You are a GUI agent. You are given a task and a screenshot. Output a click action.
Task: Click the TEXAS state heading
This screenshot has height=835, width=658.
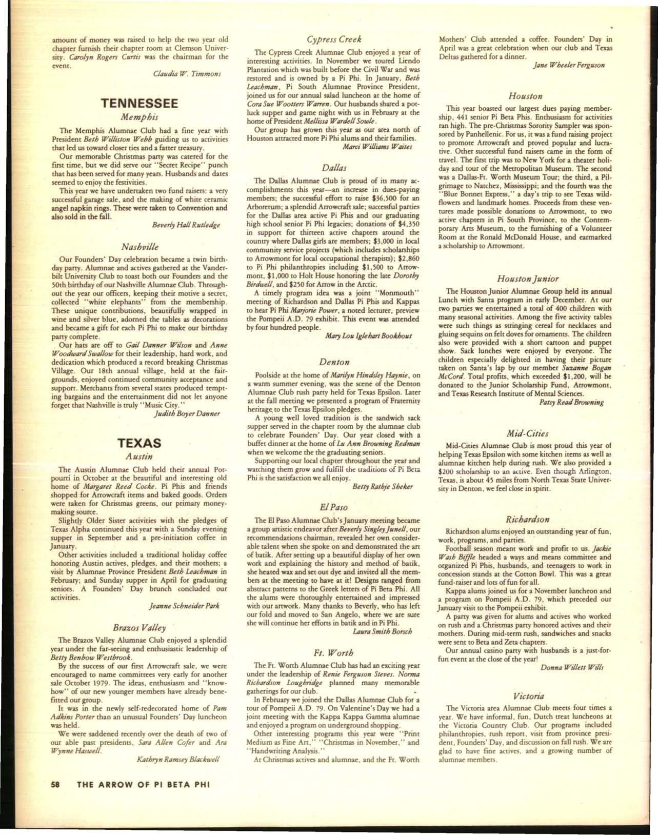pos(139,443)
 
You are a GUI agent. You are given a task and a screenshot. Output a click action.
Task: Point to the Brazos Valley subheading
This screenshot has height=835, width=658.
pos(139,627)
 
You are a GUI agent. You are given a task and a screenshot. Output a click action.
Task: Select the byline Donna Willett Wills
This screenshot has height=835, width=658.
pos(571,667)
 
